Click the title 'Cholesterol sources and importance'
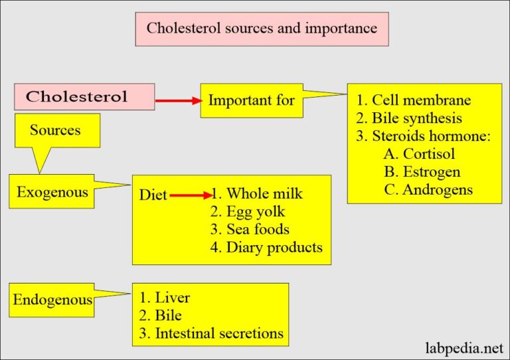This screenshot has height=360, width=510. click(262, 29)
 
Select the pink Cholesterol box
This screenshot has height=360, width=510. click(84, 96)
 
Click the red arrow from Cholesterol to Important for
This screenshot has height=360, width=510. click(178, 101)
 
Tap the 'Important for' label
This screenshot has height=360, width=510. click(251, 100)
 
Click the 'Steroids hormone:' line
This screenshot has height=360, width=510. click(424, 136)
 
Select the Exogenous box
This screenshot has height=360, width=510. click(52, 192)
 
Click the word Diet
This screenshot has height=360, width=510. click(153, 195)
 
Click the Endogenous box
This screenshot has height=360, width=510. click(52, 300)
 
